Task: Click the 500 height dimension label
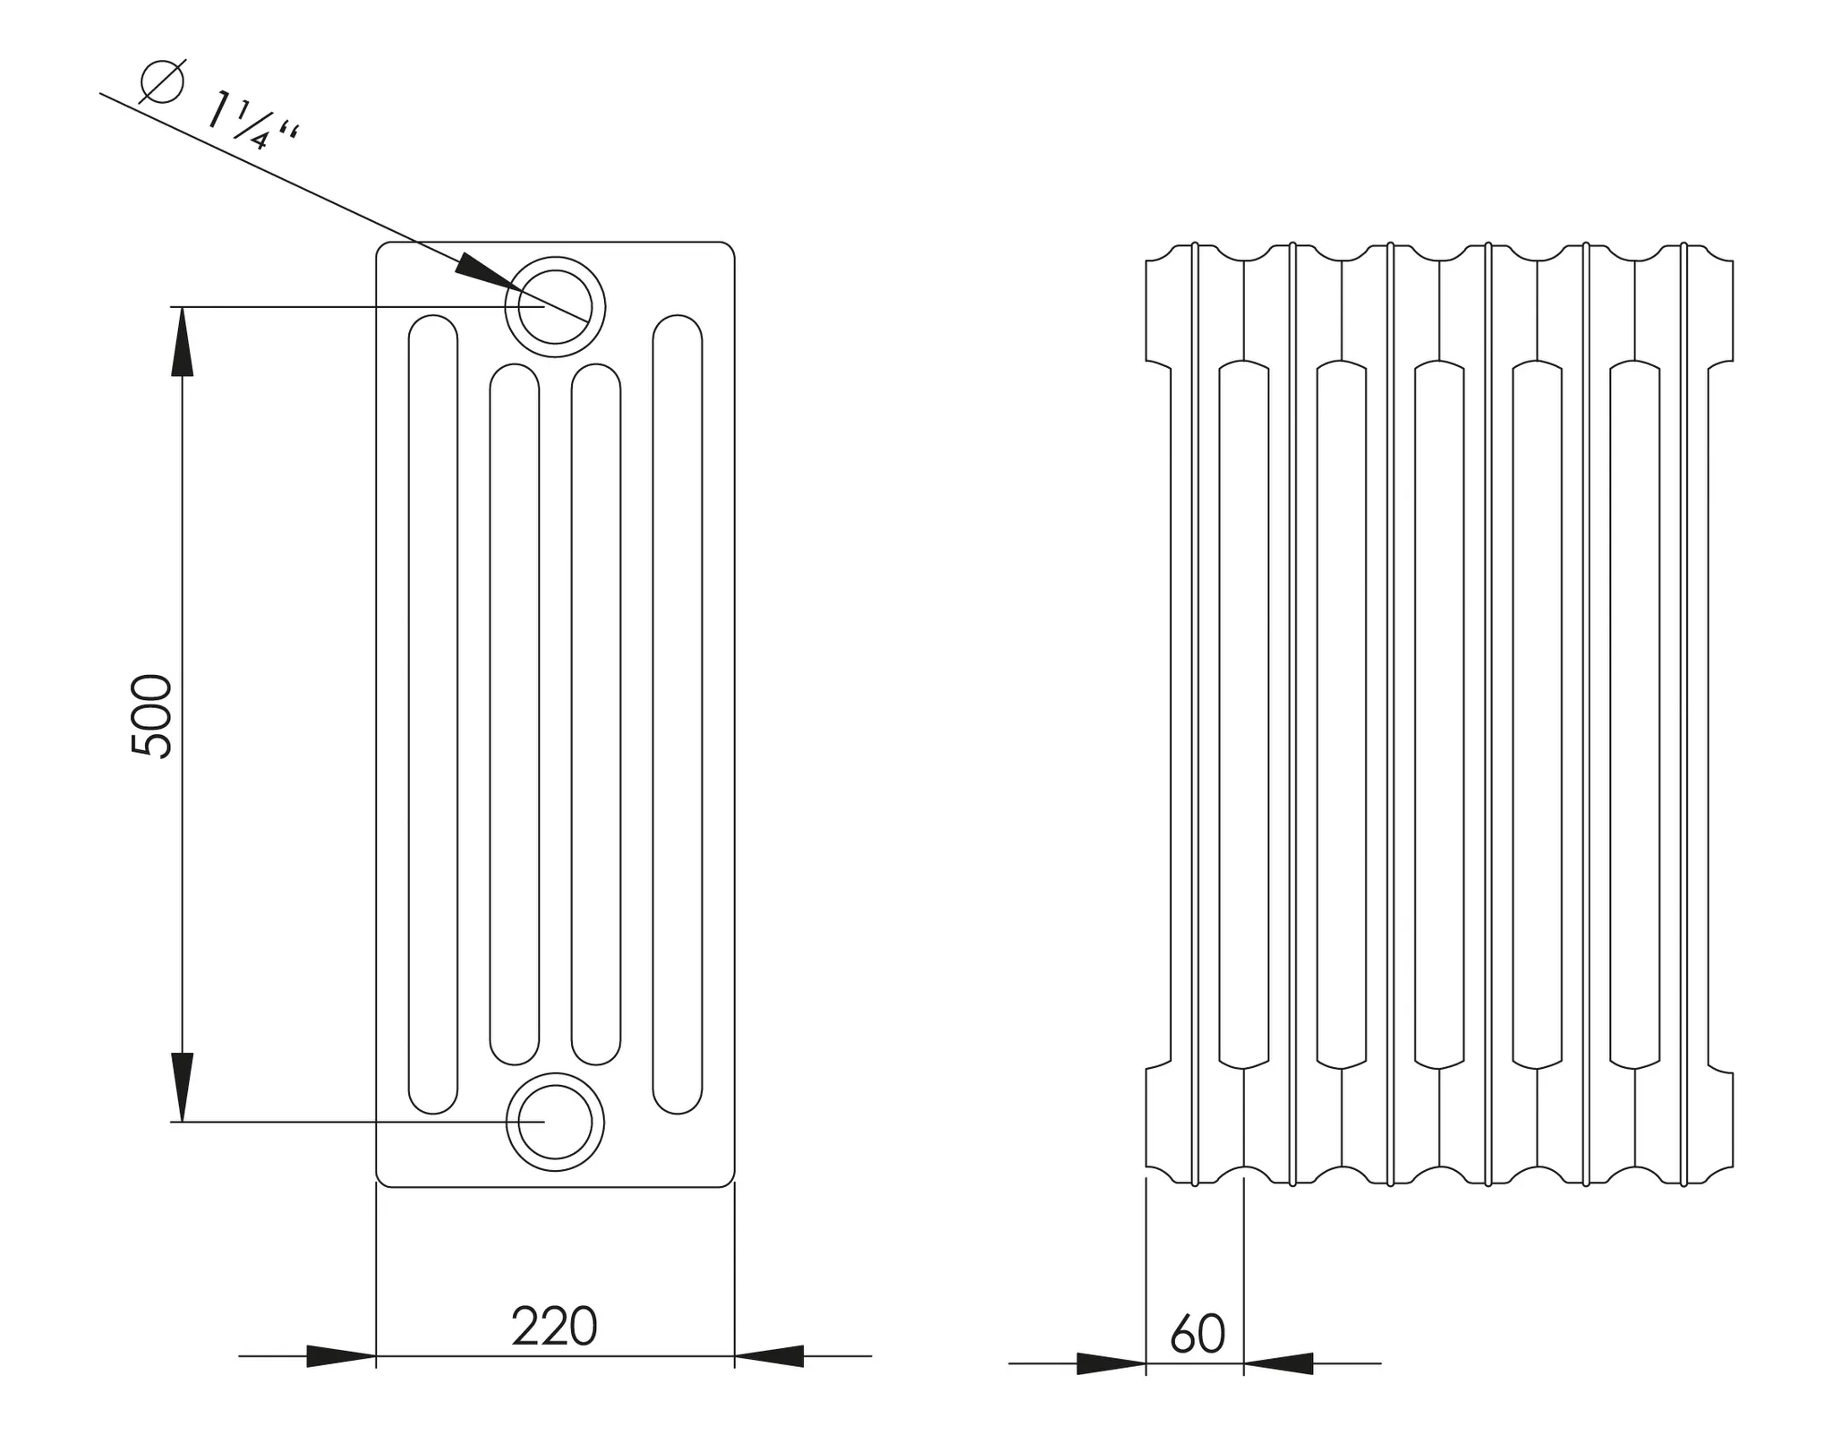(150, 716)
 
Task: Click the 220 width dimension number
(554, 1327)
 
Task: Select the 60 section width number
(1197, 1334)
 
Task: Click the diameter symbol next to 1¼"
(163, 81)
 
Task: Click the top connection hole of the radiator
(555, 306)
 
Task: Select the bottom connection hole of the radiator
(555, 1122)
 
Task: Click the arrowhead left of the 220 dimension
(340, 1356)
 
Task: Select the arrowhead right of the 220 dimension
(770, 1356)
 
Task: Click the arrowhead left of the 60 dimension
(1111, 1363)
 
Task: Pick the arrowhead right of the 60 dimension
(1278, 1363)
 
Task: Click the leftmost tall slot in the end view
(433, 714)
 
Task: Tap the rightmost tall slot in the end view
(678, 714)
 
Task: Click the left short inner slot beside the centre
(515, 714)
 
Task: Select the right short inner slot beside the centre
(596, 714)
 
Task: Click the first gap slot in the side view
(1244, 714)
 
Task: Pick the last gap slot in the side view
(1634, 714)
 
